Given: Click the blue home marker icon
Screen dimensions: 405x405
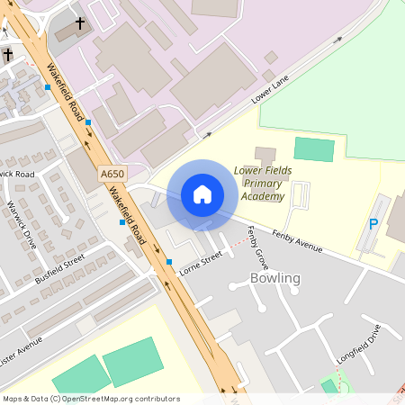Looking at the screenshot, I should pos(202,194).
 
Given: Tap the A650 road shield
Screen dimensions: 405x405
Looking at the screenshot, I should pos(112,174).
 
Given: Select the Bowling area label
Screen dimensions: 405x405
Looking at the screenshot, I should pos(274,278).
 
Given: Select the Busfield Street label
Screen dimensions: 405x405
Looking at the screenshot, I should pos(59,267).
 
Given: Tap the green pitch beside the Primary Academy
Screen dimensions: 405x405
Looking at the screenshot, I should pos(313,149).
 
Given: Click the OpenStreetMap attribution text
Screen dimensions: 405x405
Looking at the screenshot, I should pos(91,399).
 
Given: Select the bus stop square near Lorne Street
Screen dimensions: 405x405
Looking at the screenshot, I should pos(169,262).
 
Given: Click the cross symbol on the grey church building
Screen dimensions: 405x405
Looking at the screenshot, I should pos(80,22).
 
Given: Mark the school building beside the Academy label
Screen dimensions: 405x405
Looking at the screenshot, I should pos(266,156).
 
